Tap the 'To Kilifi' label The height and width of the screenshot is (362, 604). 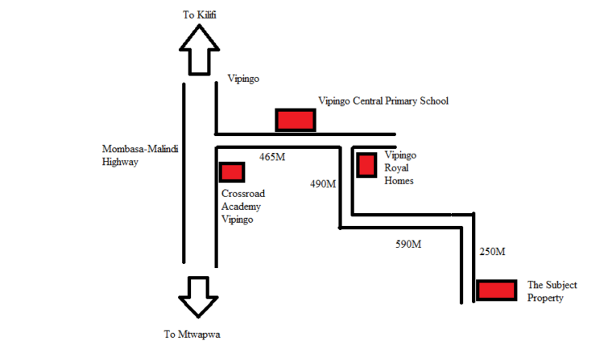pos(200,15)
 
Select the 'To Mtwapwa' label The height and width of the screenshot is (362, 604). pos(192,335)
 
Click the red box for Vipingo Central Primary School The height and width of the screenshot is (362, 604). pos(296,120)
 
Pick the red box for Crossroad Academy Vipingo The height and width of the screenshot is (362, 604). pos(232,172)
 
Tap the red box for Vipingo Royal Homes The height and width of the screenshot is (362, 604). pos(366,165)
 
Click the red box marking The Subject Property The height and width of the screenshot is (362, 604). pos(497,290)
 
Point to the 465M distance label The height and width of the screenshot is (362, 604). pos(272,157)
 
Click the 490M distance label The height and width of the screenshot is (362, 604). pos(323,184)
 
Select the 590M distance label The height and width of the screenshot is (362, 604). pos(408,245)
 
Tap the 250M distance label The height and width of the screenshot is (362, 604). pos(492,252)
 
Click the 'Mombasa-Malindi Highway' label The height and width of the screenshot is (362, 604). pos(140,155)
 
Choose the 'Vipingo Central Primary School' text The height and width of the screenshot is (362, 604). pos(383,101)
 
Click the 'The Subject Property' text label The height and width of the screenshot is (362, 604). pos(552,291)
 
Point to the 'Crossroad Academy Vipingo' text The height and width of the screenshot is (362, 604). pos(243,206)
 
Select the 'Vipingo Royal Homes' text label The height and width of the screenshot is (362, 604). pos(400,168)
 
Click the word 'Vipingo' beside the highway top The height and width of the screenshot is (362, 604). pos(243,79)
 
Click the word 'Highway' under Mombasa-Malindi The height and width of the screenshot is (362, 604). pos(120,162)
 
